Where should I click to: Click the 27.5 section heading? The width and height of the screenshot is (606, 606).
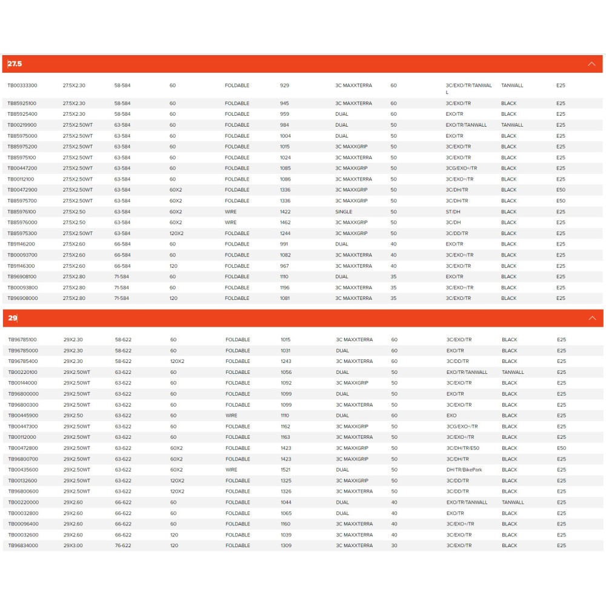[15, 64]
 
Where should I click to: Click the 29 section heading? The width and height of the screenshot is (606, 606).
[13, 318]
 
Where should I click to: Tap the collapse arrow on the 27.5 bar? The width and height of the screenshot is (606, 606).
[591, 64]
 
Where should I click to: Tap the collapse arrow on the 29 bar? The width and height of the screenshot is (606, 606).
[592, 318]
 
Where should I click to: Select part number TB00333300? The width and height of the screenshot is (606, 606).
[22, 85]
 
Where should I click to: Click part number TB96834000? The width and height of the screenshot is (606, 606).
[23, 545]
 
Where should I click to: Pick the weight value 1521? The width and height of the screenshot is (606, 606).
[286, 470]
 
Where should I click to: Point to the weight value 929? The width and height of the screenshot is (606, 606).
[285, 85]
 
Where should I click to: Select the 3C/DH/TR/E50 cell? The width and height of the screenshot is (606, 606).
[463, 448]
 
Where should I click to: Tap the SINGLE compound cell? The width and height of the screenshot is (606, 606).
[344, 211]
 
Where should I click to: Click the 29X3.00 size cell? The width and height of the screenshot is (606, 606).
[73, 545]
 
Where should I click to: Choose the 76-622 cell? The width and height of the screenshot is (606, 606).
[123, 545]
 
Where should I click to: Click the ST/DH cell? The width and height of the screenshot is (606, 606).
[454, 211]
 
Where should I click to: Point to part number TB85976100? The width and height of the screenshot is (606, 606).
[22, 211]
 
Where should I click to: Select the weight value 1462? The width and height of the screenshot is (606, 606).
[285, 222]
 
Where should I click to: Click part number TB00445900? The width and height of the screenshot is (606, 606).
[23, 416]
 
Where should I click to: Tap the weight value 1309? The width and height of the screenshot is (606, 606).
[286, 545]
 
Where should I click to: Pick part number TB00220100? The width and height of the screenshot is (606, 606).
[23, 372]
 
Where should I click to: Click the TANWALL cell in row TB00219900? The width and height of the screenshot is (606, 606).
[513, 125]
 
